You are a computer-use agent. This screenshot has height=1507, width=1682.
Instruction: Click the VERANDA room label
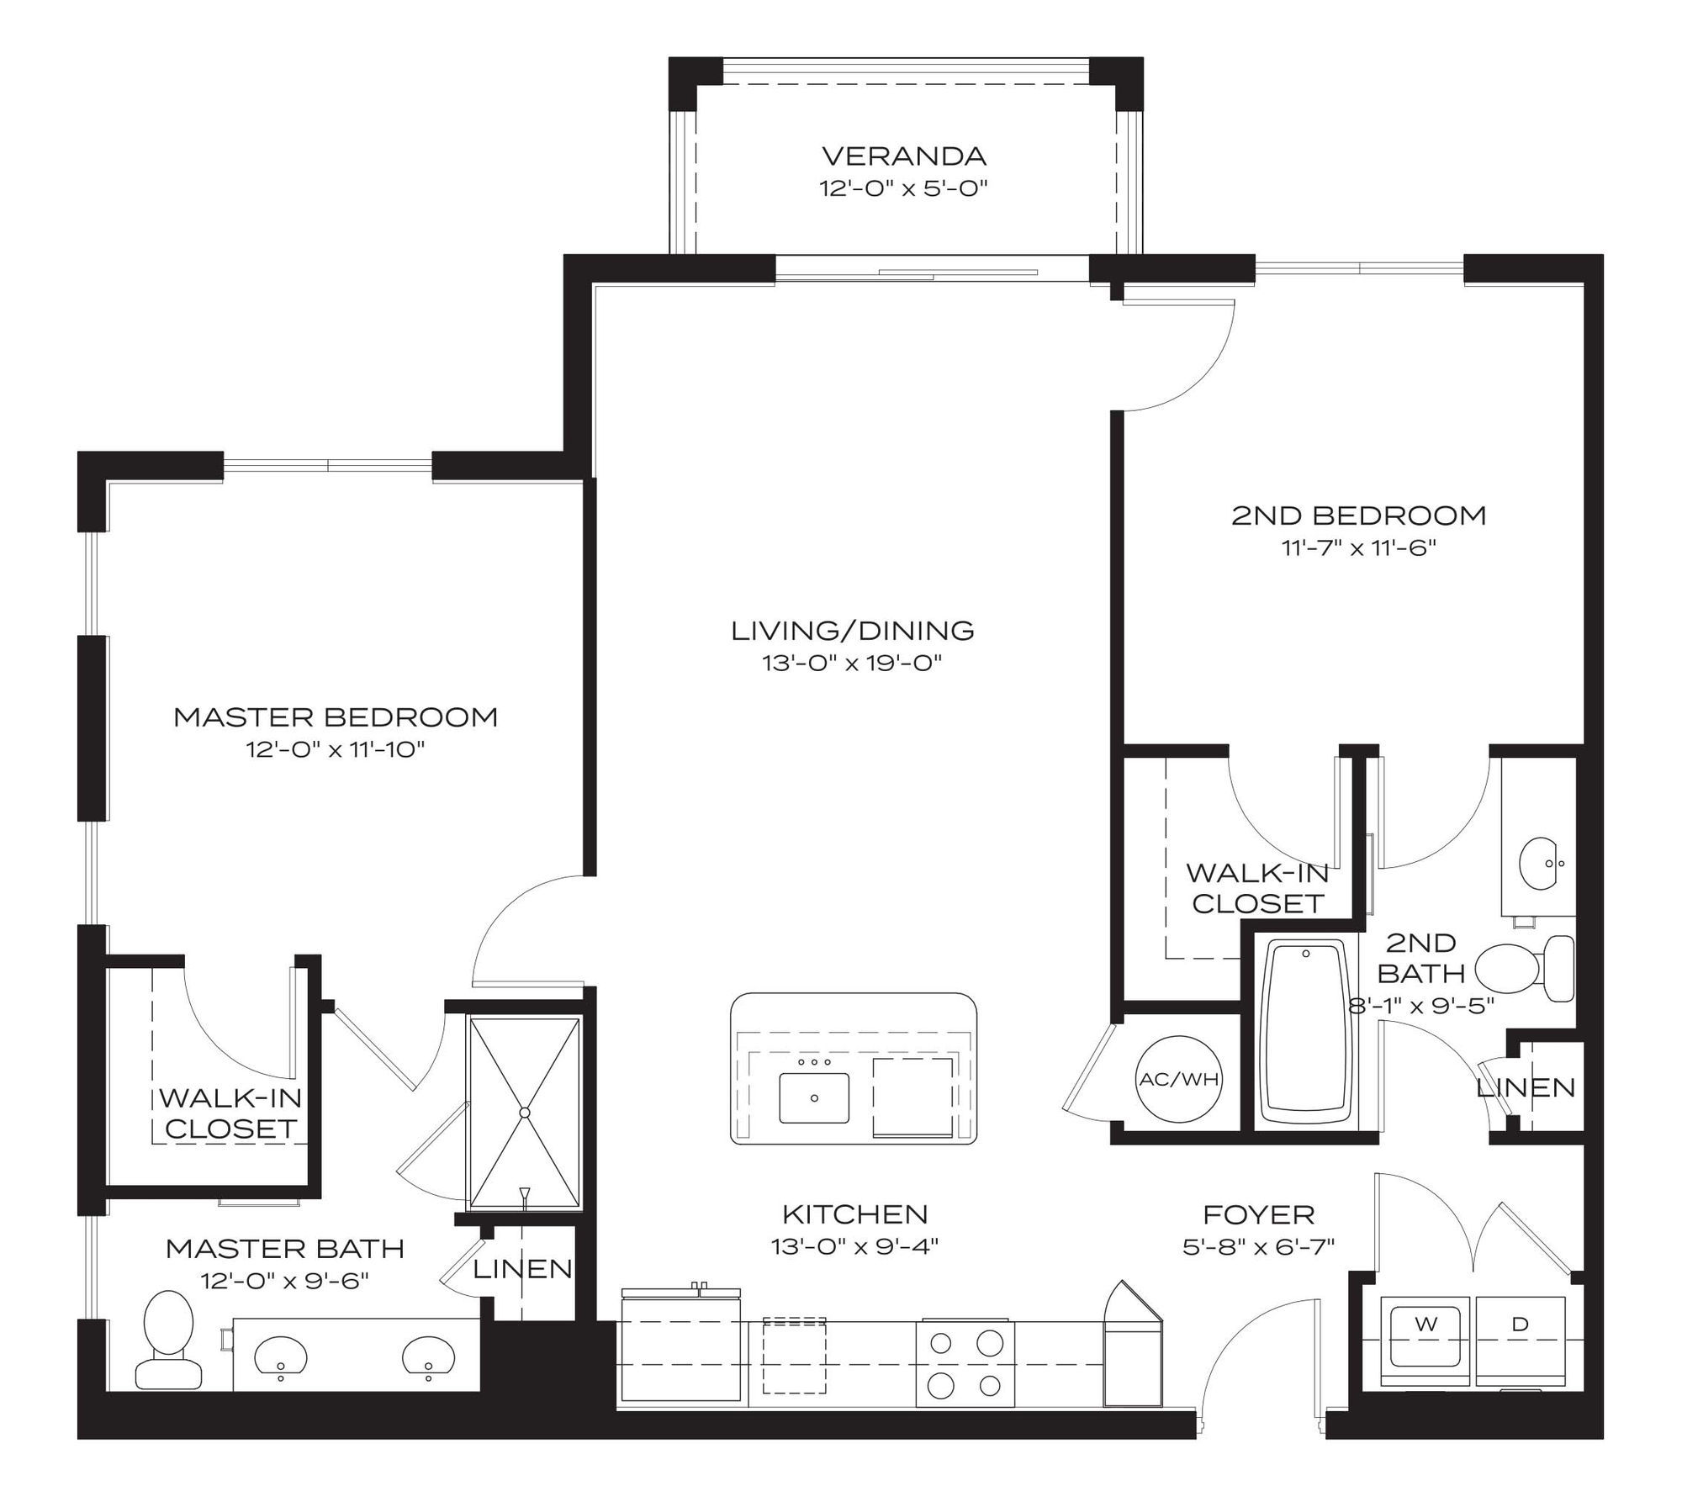coord(903,156)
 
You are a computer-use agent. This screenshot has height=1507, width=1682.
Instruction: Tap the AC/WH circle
coord(1178,1079)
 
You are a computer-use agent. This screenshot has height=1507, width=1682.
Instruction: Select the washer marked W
coord(1425,1335)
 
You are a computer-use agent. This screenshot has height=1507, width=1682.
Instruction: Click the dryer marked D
coord(1520,1335)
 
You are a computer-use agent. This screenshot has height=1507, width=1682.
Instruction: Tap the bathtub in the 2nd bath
coord(1306,1034)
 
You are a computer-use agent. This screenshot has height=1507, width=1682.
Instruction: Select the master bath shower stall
coord(524,1113)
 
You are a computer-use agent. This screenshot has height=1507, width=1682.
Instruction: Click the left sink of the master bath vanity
coord(280,1356)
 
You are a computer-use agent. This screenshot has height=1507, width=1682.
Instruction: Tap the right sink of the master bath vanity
coord(429,1356)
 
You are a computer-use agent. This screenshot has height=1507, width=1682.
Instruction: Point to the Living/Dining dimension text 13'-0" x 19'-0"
coord(851,664)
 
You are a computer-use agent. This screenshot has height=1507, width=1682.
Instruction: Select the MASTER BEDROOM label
coord(336,717)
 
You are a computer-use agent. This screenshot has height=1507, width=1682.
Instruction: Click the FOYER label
coord(1259,1214)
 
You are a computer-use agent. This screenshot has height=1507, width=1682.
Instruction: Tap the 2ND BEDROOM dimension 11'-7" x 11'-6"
coord(1358,548)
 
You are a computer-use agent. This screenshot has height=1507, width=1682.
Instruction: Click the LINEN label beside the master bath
coord(523,1269)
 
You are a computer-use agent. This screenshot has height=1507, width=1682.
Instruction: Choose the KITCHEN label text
coord(855,1214)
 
